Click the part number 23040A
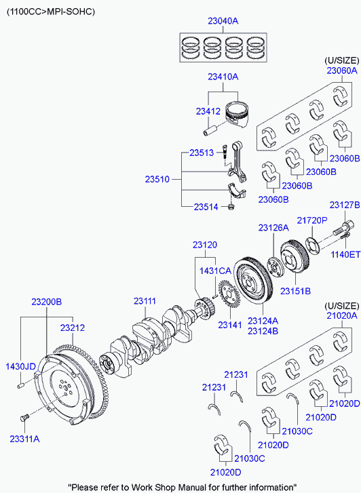coord(223,21)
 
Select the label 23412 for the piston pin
coord(208,111)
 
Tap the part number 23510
coord(157,179)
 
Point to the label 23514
coord(206,207)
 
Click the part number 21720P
coord(312,220)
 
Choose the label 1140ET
coord(345,254)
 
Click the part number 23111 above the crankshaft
coord(145,301)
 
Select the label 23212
coord(73,328)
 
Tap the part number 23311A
coord(24,439)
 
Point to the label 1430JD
coord(20,366)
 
